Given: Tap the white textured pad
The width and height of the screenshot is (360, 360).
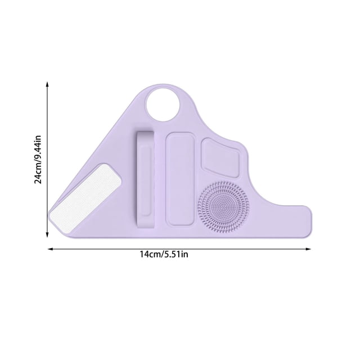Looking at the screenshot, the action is [x=85, y=195].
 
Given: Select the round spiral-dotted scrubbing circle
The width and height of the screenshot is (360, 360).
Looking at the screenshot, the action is [x=223, y=206].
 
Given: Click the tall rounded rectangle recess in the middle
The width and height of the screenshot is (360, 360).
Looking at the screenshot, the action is [x=180, y=179].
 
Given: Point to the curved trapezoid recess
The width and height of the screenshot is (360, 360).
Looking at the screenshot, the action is [x=220, y=158].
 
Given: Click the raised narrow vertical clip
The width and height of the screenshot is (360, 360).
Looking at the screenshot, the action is [x=146, y=180].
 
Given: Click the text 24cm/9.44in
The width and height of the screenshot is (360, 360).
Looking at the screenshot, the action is [x=38, y=160].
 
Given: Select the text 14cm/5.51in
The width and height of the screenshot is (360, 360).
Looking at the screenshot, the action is [x=164, y=254].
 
